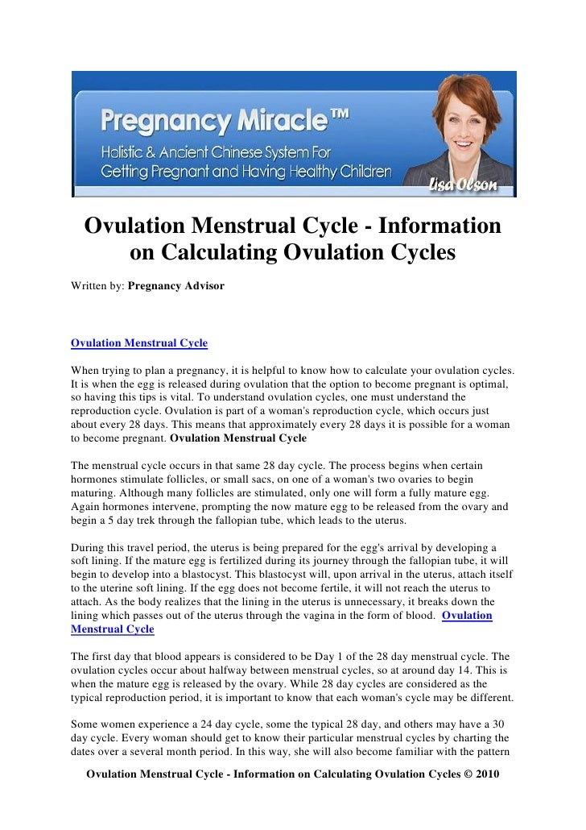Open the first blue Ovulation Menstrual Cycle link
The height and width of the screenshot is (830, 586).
(x=139, y=343)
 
